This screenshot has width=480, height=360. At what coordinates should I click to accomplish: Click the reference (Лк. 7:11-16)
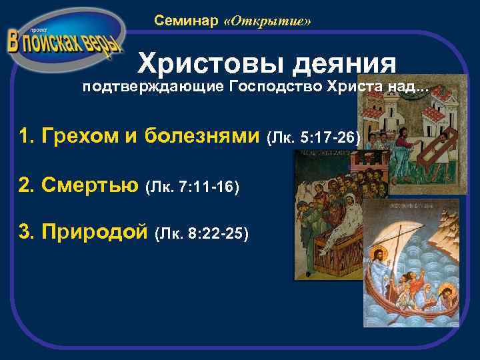[191, 187]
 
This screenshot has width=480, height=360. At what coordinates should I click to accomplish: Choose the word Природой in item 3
[93, 233]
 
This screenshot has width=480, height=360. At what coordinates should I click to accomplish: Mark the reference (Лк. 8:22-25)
[201, 235]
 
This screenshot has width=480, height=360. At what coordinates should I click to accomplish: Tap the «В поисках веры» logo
[65, 41]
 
